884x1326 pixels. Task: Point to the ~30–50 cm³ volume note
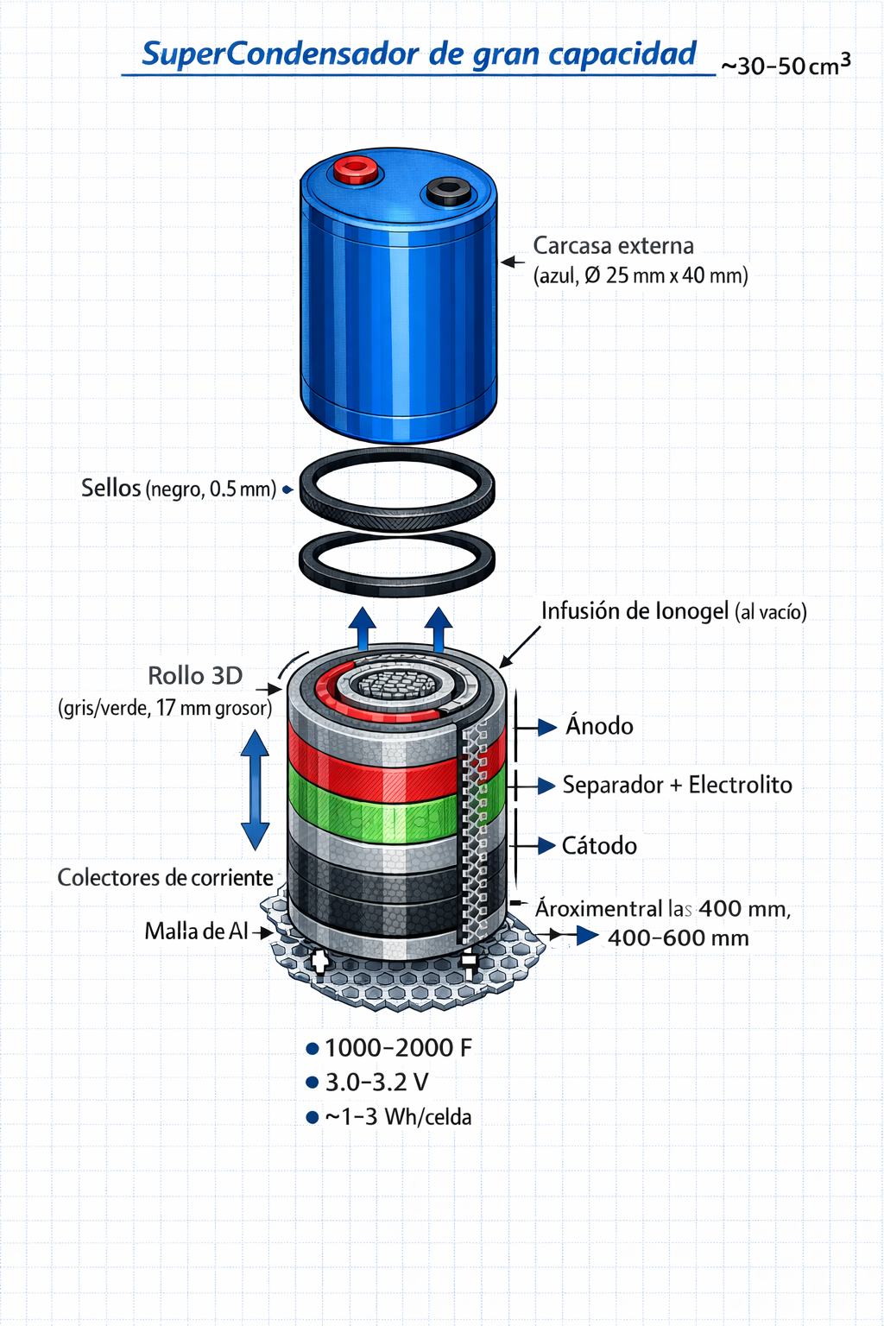point(785,65)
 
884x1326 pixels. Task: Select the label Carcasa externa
point(613,246)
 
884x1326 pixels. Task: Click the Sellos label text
point(111,488)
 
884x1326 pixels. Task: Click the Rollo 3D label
point(195,675)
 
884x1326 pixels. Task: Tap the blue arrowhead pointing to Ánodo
point(546,727)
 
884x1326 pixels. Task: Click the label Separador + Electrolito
point(677,785)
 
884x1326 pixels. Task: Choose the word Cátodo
point(599,845)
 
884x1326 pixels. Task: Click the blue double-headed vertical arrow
point(255,790)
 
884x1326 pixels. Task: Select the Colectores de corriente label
point(165,878)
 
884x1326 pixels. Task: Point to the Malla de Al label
point(196,931)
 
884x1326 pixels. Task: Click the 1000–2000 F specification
point(398,1048)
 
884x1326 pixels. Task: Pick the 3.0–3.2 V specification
point(376,1083)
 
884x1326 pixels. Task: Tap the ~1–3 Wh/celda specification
point(398,1117)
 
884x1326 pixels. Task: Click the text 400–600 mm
point(678,938)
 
